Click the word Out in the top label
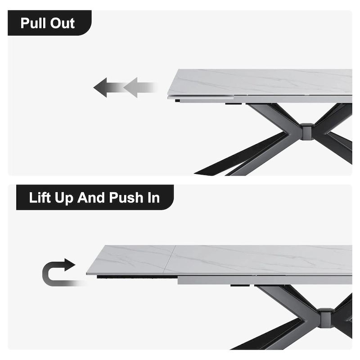[63, 23]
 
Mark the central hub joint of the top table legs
[307, 131]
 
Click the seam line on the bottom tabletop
[170, 261]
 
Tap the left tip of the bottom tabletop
[87, 272]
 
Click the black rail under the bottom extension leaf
[135, 278]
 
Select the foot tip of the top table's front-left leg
[198, 173]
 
